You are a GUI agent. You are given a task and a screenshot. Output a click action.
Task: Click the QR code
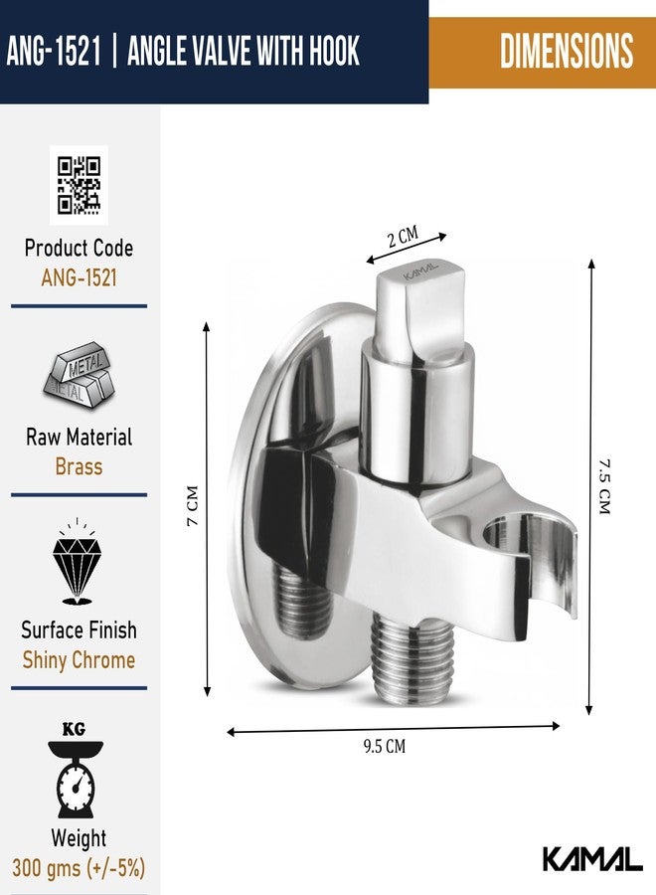79,185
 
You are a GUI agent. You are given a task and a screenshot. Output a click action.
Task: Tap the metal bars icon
79,375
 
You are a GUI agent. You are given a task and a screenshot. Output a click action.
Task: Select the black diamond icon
77,562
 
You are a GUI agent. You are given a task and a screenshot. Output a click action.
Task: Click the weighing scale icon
76,772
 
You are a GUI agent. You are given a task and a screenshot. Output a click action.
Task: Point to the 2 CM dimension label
403,237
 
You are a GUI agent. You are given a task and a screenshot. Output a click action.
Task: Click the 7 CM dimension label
194,505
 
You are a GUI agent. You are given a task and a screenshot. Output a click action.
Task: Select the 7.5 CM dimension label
604,486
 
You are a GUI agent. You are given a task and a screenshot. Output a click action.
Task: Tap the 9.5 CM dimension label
385,746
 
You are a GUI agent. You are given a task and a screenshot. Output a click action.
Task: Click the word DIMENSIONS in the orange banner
567,51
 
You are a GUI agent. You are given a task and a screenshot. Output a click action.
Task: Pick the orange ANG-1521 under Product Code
79,278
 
